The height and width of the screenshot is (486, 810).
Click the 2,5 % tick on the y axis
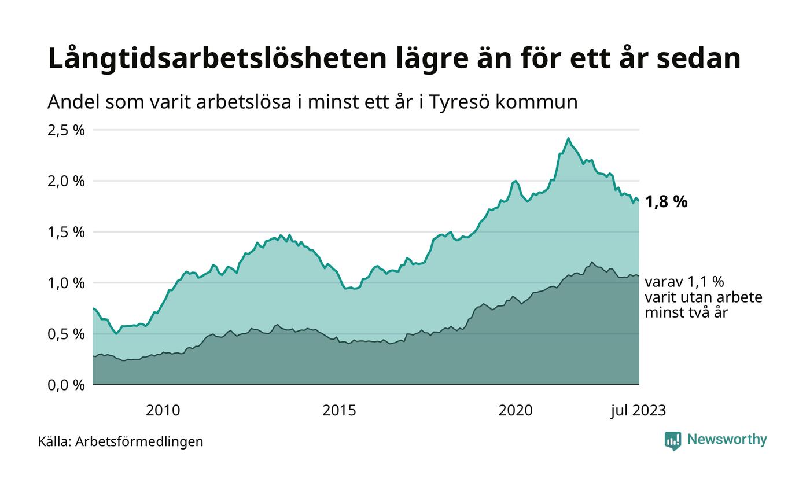pyautogui.click(x=66, y=130)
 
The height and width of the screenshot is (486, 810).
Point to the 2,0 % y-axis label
pyautogui.click(x=66, y=181)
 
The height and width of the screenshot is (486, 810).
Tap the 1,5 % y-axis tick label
pyautogui.click(x=66, y=232)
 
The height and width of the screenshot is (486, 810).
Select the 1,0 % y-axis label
pyautogui.click(x=66, y=283)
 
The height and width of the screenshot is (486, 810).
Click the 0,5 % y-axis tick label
pyautogui.click(x=66, y=334)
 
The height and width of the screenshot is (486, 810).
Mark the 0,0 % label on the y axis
pyautogui.click(x=66, y=385)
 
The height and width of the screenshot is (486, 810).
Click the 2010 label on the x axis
pyautogui.click(x=163, y=411)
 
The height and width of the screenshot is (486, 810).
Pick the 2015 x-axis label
pyautogui.click(x=339, y=411)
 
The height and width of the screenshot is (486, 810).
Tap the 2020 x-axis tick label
pyautogui.click(x=516, y=411)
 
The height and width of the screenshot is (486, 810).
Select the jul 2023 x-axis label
pyautogui.click(x=638, y=411)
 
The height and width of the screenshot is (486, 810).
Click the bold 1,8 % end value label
pyautogui.click(x=666, y=202)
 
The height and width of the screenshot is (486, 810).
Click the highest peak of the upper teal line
pyautogui.click(x=568, y=138)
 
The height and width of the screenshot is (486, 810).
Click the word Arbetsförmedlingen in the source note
pyautogui.click(x=139, y=442)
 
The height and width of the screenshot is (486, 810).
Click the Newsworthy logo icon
pyautogui.click(x=673, y=441)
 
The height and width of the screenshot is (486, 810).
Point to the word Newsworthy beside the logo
pyautogui.click(x=727, y=440)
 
